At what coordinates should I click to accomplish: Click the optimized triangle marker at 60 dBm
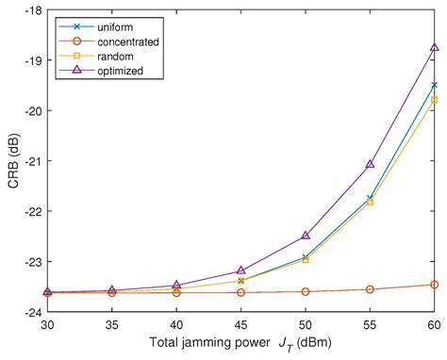point(434,47)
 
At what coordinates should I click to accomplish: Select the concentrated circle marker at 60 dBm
point(434,285)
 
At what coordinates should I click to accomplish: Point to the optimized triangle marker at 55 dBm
point(370,164)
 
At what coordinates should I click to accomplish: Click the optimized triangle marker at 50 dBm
point(306,235)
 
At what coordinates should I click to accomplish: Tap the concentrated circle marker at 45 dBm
point(240,292)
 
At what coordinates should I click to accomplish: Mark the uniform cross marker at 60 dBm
point(434,85)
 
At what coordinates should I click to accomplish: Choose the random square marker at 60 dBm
point(434,99)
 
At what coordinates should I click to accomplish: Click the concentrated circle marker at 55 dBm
point(370,289)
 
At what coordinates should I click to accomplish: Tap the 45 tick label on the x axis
point(240,325)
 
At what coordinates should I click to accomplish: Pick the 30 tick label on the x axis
point(47,325)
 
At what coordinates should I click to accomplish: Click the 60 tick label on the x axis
point(434,325)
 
